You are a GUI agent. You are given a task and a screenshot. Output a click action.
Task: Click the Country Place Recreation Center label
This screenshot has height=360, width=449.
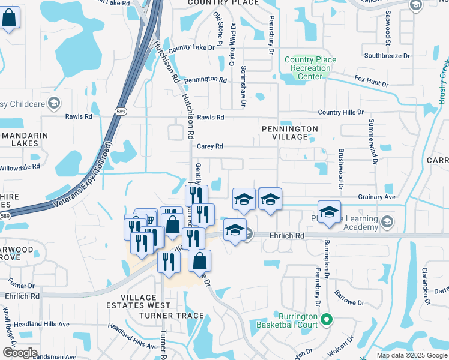tap(310, 68)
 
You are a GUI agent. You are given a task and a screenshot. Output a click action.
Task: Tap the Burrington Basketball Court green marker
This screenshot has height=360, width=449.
tap(327, 319)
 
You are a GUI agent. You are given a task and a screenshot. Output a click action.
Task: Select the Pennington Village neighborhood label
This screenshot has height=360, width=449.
tap(289, 133)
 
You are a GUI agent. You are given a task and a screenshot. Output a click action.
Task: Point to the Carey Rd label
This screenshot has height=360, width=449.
tap(210, 146)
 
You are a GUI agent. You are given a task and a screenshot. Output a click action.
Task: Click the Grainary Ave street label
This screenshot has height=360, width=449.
tap(376, 197)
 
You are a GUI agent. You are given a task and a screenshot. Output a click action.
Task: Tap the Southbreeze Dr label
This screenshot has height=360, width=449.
tap(387, 56)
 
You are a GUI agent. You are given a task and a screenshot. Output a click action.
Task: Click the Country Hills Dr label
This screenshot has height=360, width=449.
tap(341, 112)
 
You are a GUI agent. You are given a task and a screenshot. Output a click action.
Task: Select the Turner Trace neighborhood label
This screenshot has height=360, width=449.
tap(171, 316)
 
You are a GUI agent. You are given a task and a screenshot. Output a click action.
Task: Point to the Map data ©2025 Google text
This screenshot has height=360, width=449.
tap(412, 355)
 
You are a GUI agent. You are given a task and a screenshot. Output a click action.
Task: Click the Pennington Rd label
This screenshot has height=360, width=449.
tap(205, 80)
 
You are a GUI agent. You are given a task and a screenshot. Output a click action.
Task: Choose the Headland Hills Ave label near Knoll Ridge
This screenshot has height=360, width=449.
tap(47, 324)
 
